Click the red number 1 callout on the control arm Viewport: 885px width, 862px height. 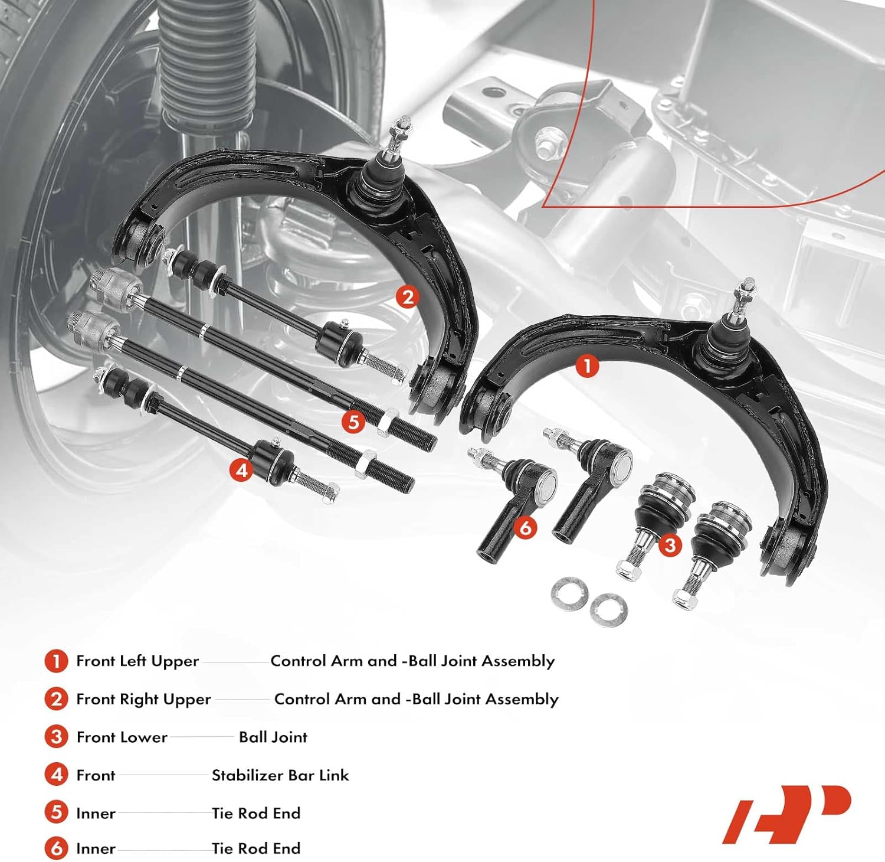(587, 365)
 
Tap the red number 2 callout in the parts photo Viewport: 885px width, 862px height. (408, 296)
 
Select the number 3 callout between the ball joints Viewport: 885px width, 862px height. (670, 544)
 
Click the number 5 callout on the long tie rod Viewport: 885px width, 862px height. (353, 422)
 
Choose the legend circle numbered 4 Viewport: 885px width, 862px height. (57, 775)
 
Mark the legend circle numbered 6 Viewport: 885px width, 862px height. (57, 848)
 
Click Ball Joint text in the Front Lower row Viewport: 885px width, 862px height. (273, 737)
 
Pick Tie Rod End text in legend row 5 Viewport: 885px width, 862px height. (256, 813)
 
